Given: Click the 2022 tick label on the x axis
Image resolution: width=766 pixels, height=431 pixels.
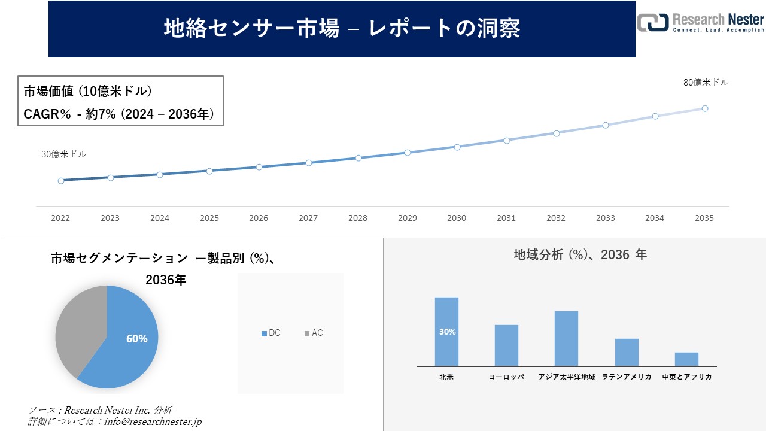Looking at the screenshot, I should click(60, 218).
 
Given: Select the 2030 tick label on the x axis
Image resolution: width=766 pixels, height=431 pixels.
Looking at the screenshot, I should click(457, 218).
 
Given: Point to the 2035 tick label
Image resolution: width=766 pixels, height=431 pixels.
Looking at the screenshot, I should click(704, 218).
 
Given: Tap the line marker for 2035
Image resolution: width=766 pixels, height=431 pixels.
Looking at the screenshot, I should click(705, 108).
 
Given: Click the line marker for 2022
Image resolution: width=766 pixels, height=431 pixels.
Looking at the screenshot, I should click(61, 180).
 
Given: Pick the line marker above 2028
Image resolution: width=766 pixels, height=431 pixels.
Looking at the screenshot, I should click(358, 158).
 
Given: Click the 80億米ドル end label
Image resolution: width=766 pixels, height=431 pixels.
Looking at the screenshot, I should click(706, 83).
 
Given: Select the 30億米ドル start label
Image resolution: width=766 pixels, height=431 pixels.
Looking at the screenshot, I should click(64, 154).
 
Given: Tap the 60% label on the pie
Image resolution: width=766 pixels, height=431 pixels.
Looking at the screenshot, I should click(136, 339).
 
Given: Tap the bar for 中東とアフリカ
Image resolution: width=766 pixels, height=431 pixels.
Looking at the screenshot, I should click(686, 359).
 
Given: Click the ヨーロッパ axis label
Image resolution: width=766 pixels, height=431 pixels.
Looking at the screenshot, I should click(506, 377).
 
